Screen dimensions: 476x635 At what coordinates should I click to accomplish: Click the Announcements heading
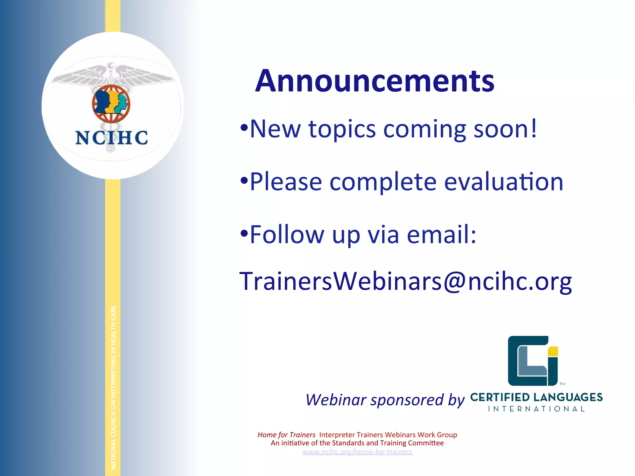pos(375,81)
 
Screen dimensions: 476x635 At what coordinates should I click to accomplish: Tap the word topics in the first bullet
pos(342,129)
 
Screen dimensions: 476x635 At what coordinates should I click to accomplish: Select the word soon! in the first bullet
pos(505,129)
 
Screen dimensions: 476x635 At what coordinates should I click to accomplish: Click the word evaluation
pos(504,182)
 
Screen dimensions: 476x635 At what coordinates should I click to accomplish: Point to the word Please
pos(286,182)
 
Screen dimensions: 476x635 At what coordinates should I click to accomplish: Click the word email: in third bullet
pos(441,235)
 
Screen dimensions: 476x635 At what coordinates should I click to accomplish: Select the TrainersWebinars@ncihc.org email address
pos(405,281)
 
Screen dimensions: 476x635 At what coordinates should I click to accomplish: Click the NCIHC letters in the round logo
pos(112,138)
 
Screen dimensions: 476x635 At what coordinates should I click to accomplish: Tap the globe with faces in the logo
pos(111,104)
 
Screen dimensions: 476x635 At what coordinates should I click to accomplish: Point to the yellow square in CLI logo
pos(553,351)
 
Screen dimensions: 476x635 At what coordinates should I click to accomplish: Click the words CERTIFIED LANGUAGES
pos(536,397)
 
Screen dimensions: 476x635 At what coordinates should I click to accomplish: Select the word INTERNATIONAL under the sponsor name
pos(536,409)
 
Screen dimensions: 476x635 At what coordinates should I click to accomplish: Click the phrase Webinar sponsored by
pos(385,400)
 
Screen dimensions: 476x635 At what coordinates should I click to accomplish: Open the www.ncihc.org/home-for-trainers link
pos(357,452)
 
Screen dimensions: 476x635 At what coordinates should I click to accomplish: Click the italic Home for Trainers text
pos(286,435)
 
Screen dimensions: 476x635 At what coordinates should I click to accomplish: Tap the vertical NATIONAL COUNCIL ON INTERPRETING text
pos(113,387)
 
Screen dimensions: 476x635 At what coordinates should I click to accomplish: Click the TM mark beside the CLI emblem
pos(562,384)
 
